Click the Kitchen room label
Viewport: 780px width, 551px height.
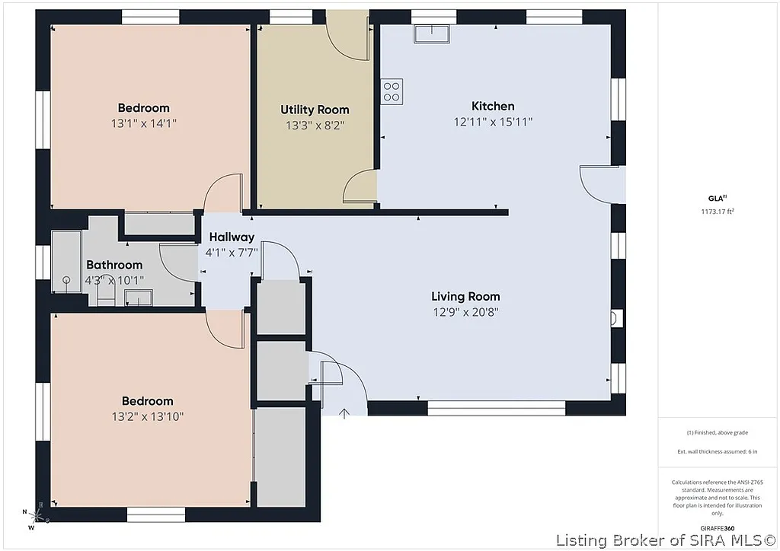493,107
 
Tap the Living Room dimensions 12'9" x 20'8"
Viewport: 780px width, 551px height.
465,311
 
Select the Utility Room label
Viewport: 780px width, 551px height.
315,110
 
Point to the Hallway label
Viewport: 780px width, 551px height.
232,237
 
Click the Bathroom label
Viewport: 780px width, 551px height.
114,265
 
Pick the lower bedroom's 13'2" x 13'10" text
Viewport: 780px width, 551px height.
148,416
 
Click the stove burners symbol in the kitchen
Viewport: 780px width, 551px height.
392,91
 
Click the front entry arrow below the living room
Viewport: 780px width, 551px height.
344,413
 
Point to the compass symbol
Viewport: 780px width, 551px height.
35,518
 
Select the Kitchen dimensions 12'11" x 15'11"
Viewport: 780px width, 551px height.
493,122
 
